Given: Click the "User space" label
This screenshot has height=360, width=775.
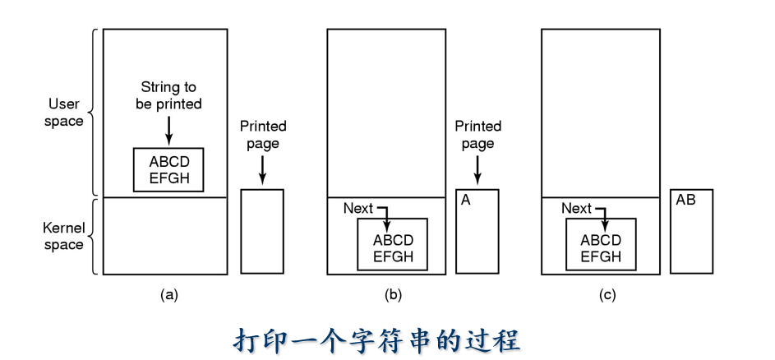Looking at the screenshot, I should (65, 113).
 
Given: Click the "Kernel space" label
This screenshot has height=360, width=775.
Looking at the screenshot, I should (63, 236).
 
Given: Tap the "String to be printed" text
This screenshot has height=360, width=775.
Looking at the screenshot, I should (168, 95).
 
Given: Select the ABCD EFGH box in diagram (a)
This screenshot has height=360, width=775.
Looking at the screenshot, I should (168, 169).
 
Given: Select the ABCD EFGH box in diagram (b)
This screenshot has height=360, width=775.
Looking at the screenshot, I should (392, 243).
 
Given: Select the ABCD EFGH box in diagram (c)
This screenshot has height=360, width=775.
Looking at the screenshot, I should (599, 243).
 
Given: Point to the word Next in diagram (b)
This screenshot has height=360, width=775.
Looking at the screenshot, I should (359, 209).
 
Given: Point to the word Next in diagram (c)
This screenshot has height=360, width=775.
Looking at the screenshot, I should (576, 209).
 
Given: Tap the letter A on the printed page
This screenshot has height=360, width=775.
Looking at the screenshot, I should (465, 200).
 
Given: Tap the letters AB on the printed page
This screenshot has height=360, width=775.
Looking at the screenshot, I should (685, 200).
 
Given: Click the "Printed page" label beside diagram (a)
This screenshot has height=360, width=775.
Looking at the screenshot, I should (263, 135).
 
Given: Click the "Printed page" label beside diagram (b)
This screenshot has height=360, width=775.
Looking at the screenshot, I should (477, 135).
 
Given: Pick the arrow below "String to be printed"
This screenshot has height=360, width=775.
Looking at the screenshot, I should (168, 129).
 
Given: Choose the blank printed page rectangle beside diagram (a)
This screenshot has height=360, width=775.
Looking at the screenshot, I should (262, 232).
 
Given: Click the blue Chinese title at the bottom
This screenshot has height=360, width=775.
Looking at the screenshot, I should (388, 339).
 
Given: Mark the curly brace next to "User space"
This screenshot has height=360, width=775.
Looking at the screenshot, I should (92, 113).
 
